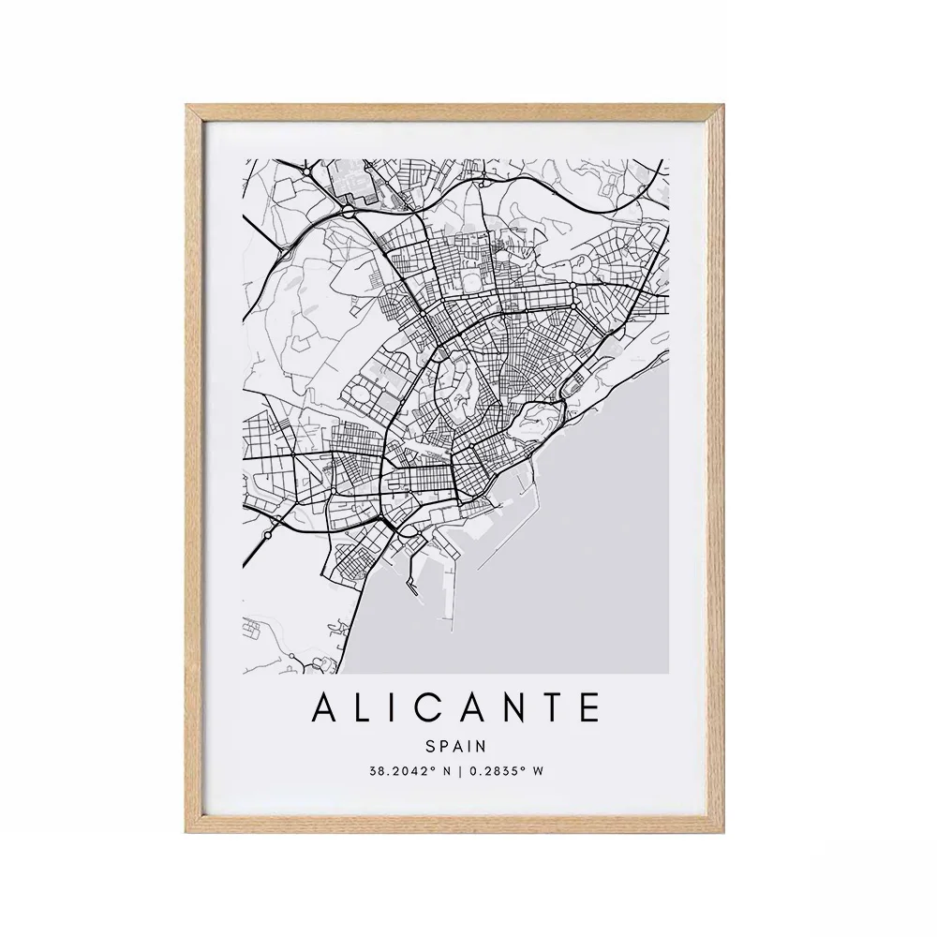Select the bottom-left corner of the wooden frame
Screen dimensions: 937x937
point(188,827)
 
